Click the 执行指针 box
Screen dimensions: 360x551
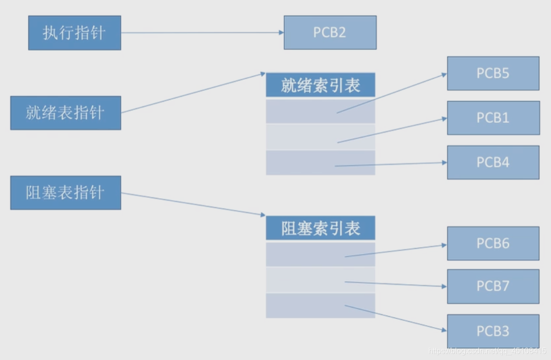(74, 33)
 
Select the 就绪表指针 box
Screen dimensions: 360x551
(66, 112)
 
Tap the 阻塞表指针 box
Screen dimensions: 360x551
(66, 193)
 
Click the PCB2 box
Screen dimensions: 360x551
(330, 32)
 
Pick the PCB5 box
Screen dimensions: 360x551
(493, 73)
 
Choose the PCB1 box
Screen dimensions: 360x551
(493, 118)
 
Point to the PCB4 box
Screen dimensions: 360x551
(493, 162)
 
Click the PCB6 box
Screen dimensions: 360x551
(493, 243)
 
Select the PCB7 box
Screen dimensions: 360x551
(493, 286)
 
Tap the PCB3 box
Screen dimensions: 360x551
(493, 331)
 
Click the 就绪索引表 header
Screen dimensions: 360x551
(320, 85)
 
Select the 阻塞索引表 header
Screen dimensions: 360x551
(320, 228)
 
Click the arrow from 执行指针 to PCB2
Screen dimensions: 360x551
(203, 33)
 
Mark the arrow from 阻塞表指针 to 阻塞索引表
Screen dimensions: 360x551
(193, 204)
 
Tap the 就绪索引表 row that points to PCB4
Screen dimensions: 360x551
(299, 163)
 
